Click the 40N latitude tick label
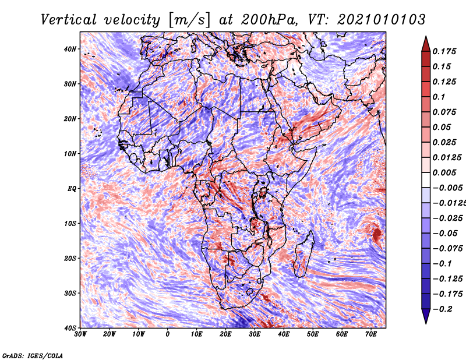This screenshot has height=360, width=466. [70, 49]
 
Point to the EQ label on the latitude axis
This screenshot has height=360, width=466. [72, 189]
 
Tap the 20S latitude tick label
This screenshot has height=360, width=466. [70, 258]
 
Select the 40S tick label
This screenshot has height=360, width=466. [70, 328]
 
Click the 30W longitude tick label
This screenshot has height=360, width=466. [80, 334]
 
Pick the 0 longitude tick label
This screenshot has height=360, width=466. [168, 334]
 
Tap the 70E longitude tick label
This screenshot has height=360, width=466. [371, 334]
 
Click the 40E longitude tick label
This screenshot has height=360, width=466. [284, 334]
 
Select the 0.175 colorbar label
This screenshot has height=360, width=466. [444, 51]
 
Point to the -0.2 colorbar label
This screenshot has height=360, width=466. [442, 309]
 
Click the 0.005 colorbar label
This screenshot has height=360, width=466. [444, 172]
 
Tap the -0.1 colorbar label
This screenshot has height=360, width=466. [442, 263]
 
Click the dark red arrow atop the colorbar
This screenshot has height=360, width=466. [426, 45]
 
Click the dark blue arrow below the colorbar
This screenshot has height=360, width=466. [426, 316]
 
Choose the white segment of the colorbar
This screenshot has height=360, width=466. [426, 180]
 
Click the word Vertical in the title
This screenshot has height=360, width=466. [69, 20]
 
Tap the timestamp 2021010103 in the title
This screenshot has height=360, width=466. [382, 20]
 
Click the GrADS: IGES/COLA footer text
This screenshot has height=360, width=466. [33, 355]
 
